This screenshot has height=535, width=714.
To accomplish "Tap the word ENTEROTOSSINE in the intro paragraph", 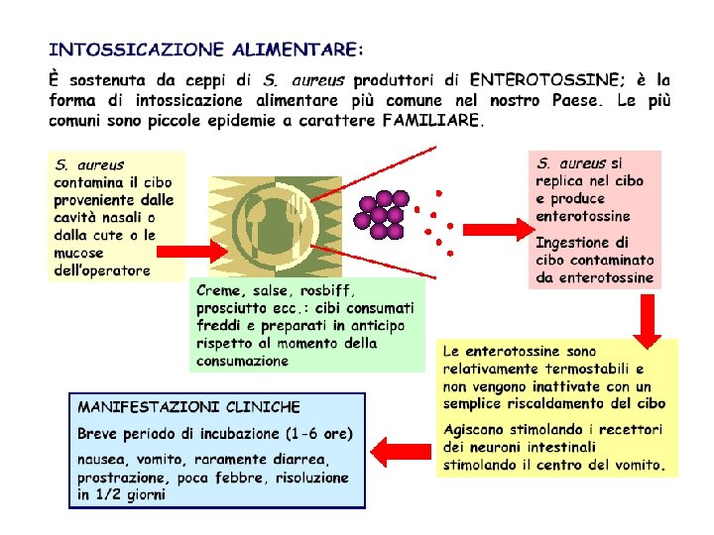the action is (546, 79).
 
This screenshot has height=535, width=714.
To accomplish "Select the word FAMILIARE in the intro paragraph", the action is (431, 122).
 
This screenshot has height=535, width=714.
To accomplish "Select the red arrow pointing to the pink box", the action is (496, 230).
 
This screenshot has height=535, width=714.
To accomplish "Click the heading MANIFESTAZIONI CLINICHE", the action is (188, 407).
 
